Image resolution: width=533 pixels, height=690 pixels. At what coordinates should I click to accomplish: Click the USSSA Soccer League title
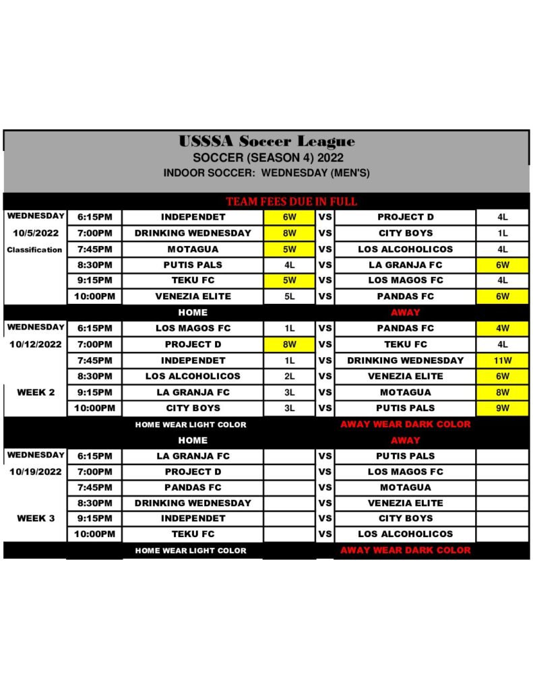266,142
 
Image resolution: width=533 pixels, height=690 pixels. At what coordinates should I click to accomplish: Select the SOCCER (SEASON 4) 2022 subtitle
266,158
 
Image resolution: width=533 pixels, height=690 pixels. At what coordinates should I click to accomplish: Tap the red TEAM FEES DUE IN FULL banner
291,201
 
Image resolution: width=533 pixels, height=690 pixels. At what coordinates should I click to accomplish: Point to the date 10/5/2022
35,233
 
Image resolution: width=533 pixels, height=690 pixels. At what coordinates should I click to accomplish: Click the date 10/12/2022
35,344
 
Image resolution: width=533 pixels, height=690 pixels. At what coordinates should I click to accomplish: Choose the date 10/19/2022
35,472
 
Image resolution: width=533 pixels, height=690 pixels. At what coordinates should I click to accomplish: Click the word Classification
35,249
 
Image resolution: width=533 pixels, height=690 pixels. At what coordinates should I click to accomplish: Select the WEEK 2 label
35,392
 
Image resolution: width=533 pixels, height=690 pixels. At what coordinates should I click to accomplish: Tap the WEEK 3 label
35,518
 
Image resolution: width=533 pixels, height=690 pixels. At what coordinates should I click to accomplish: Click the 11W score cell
503,360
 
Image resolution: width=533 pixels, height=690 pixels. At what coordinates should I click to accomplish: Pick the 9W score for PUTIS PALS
503,408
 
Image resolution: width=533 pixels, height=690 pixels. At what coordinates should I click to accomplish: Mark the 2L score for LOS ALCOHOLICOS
289,376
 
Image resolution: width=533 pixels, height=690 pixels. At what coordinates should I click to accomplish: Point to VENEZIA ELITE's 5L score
289,296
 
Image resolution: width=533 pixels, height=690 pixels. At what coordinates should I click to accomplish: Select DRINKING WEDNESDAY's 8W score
289,233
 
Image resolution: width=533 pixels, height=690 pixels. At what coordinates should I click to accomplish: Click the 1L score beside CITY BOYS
503,233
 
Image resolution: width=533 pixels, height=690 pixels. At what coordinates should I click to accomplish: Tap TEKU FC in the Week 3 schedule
193,534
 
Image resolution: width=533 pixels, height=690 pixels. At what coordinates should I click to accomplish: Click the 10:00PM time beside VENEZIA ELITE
94,296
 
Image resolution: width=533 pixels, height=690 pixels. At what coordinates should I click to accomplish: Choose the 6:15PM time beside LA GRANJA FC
94,456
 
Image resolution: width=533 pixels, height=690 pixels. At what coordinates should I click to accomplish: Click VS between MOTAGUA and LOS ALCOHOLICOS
325,249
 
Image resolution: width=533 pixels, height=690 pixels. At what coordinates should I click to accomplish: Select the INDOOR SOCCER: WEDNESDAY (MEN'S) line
266,173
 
